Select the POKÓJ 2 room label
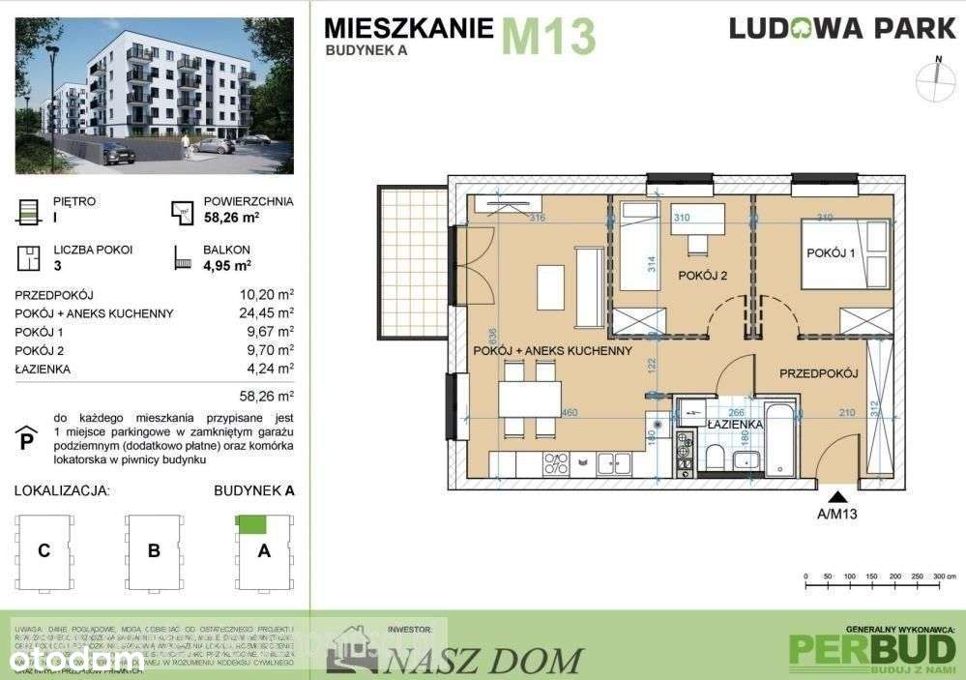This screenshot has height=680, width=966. (702, 276)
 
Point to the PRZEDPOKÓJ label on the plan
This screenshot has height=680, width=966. (819, 372)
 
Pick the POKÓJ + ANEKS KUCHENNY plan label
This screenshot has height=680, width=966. (552, 350)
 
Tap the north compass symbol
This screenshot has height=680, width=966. (937, 81)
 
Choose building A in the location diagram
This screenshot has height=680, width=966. (264, 551)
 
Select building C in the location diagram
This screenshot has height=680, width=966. (44, 551)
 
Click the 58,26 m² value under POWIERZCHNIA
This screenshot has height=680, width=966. (232, 219)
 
